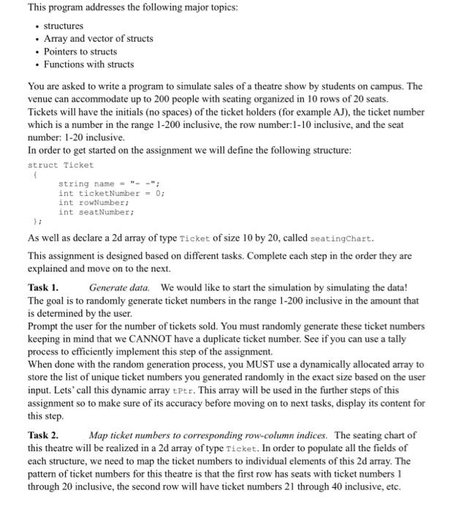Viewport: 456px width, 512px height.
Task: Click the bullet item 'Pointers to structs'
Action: coord(80,51)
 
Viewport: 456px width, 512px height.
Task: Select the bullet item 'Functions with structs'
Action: coord(88,64)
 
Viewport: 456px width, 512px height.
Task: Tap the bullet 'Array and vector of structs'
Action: coord(98,38)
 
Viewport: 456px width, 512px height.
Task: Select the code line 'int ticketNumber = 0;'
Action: coord(112,193)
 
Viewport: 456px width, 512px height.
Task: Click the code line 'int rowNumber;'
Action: coord(94,203)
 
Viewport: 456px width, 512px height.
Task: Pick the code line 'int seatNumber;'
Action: coord(96,212)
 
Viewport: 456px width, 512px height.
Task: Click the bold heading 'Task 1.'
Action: coord(43,288)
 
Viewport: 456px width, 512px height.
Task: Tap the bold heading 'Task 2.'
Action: coord(43,434)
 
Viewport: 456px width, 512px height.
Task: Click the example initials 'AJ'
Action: coord(376,113)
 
